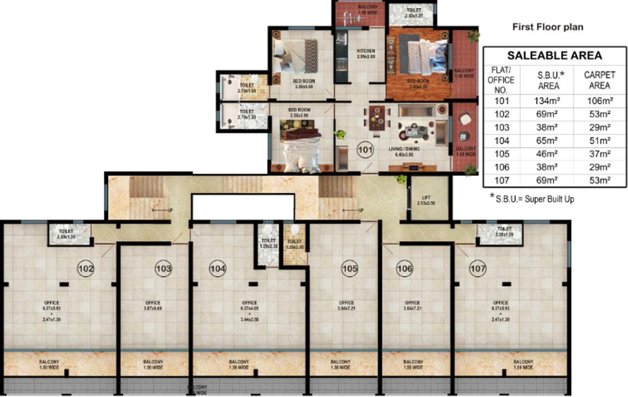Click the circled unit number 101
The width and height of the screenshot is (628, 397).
point(365,150)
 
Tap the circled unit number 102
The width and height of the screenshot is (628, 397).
point(86,268)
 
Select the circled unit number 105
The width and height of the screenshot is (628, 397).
point(350,268)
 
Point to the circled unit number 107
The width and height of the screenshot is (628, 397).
point(477,268)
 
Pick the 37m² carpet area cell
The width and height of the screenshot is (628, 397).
point(597,154)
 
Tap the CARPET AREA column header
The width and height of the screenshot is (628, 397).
point(599,80)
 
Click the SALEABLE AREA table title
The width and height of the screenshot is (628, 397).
point(554,56)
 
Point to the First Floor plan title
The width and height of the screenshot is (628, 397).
point(547,27)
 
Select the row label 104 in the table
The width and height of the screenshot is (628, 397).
point(501,141)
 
